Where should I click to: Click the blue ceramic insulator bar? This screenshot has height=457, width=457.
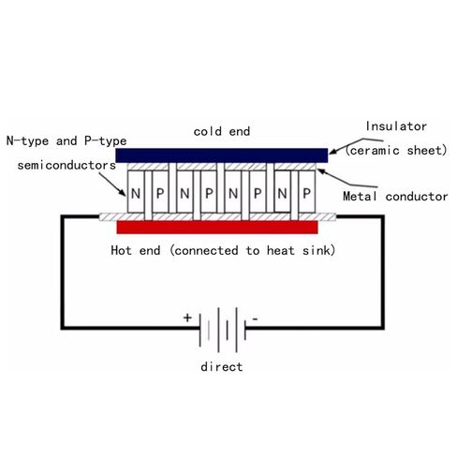pos(222,155)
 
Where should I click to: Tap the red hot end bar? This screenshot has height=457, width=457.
pos(217,227)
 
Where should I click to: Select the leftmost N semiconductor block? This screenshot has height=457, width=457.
pos(136,192)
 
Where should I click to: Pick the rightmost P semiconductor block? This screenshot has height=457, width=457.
pos(307,192)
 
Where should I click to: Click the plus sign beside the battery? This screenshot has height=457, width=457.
pos(187,317)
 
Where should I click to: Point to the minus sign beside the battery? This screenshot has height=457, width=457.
pos(256,319)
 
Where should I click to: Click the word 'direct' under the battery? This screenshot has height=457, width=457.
pos(222,366)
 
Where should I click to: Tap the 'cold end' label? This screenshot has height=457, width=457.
pos(222,131)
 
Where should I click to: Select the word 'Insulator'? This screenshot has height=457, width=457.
pos(396,126)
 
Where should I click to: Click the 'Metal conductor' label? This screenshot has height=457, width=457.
pos(395,197)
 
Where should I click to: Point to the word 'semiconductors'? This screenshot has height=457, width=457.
pos(66,165)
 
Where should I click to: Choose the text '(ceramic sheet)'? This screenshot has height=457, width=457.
pos(396,151)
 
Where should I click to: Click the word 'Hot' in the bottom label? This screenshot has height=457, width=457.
pos(121,250)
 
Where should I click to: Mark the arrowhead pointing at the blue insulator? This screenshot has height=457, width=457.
pos(332,151)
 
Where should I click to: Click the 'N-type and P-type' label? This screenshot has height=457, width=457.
pos(66,141)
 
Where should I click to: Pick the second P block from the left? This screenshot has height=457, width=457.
pos(209,192)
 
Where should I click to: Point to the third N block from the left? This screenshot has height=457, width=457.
pos(233,192)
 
